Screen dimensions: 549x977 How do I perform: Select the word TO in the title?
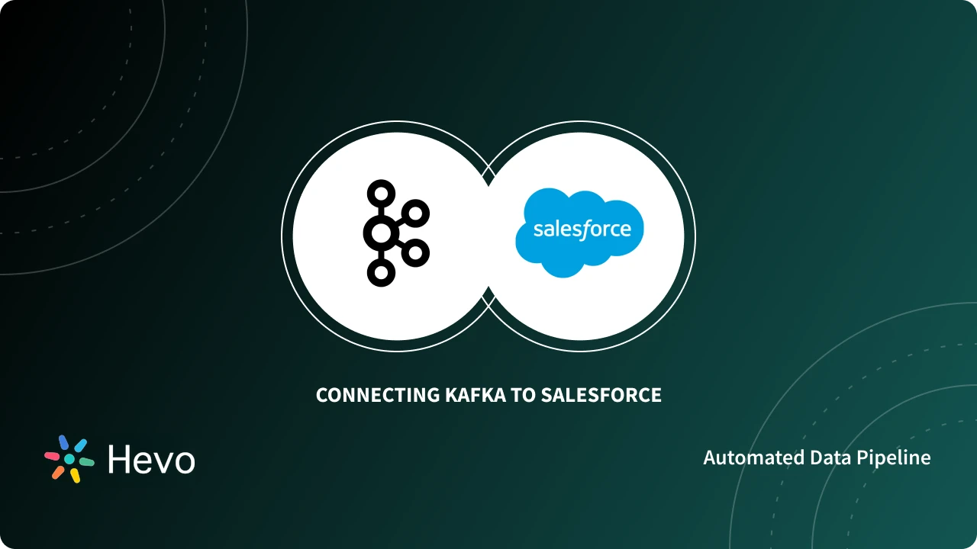tap(523, 395)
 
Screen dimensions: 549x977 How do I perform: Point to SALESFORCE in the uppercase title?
tap(601, 395)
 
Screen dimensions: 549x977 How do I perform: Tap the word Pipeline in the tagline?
tap(894, 457)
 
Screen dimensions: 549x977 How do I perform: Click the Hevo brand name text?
tap(151, 459)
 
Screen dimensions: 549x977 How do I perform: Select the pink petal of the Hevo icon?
tap(52, 456)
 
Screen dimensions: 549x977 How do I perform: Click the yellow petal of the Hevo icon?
tap(75, 475)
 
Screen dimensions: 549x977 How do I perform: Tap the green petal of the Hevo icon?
tap(86, 461)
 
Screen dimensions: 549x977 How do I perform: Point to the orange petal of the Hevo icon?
tap(58, 472)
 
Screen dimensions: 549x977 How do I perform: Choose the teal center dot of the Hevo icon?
tap(69, 459)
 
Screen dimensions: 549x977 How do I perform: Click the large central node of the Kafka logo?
tap(379, 233)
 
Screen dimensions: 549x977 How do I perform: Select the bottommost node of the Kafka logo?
tap(379, 272)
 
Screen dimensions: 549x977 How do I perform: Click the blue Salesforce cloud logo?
tap(579, 233)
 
